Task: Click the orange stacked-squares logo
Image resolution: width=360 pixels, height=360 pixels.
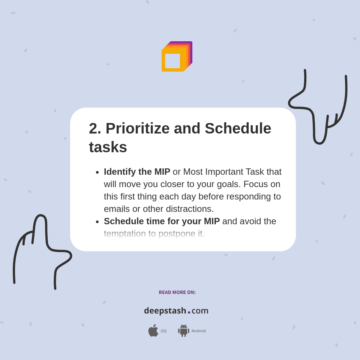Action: click(176, 57)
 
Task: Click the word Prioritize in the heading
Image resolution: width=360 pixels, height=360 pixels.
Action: click(138, 129)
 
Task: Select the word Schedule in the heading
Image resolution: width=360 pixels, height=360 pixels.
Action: click(238, 129)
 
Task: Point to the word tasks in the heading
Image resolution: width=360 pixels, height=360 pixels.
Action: click(108, 147)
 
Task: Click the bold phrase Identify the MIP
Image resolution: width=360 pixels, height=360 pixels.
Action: click(137, 172)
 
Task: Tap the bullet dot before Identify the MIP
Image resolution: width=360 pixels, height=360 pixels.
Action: click(97, 172)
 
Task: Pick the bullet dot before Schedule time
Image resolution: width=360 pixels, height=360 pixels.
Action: click(97, 222)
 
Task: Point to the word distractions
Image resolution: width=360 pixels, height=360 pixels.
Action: click(189, 209)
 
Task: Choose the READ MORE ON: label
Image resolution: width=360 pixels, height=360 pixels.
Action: click(177, 292)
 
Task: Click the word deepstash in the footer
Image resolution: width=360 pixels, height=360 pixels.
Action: click(165, 311)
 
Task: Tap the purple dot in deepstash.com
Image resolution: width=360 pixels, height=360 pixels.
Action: click(189, 312)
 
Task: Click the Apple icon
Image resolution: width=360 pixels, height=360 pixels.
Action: click(153, 331)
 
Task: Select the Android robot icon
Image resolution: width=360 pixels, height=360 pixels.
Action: click(183, 331)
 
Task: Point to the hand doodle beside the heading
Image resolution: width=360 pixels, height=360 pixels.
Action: click(319, 109)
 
